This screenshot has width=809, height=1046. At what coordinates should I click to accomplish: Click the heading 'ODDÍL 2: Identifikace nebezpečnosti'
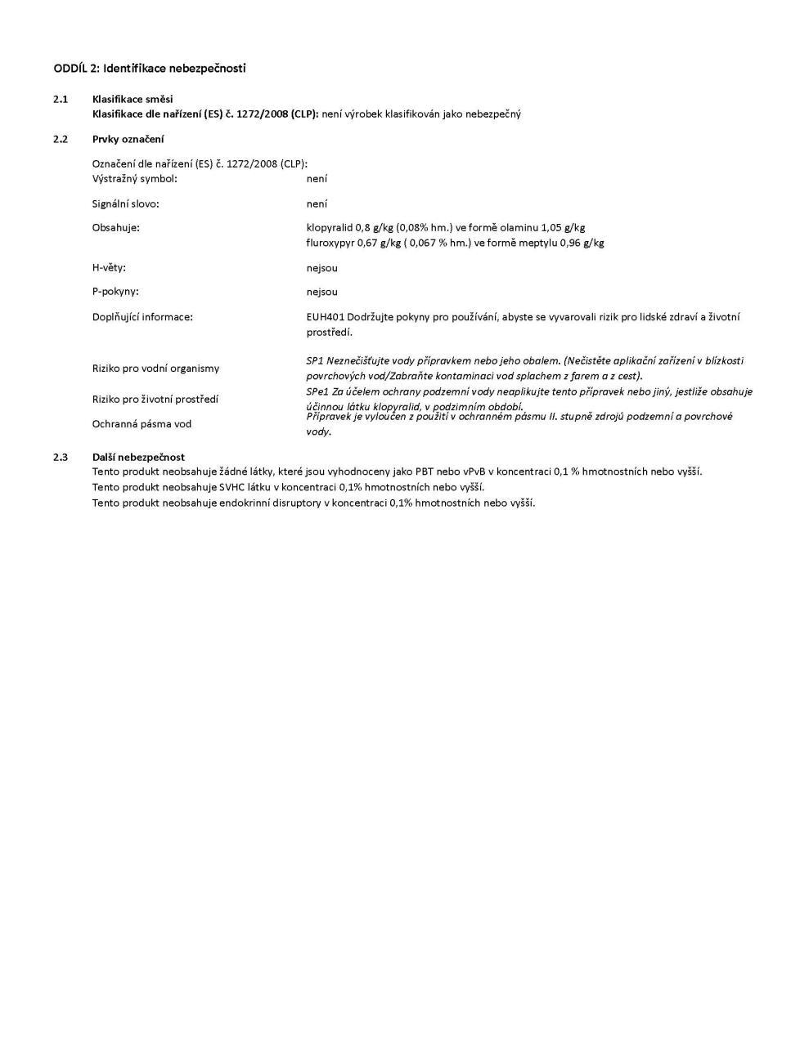click(150, 68)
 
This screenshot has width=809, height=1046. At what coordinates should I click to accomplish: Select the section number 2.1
click(61, 99)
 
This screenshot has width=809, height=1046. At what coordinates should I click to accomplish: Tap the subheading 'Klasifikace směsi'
click(133, 99)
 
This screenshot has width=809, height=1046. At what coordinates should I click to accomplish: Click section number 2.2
click(61, 139)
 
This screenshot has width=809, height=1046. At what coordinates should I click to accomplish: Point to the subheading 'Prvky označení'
click(128, 139)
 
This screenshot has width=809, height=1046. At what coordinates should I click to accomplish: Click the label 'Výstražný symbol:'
click(134, 178)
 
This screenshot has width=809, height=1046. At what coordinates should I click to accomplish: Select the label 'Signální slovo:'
click(125, 203)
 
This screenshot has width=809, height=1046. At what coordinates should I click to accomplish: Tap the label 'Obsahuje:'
click(116, 227)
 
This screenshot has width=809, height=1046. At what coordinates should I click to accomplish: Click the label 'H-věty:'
click(109, 267)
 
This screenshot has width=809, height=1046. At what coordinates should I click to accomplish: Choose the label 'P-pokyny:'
click(115, 292)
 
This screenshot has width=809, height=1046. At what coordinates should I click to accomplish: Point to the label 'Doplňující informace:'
click(142, 316)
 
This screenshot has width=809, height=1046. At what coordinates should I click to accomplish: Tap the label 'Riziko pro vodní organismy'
click(155, 369)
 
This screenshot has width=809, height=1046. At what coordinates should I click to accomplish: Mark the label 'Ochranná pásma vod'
click(142, 424)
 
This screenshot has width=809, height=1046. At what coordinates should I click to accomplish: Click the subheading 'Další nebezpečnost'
click(138, 457)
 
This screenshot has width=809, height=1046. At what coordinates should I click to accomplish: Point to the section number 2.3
click(61, 457)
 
